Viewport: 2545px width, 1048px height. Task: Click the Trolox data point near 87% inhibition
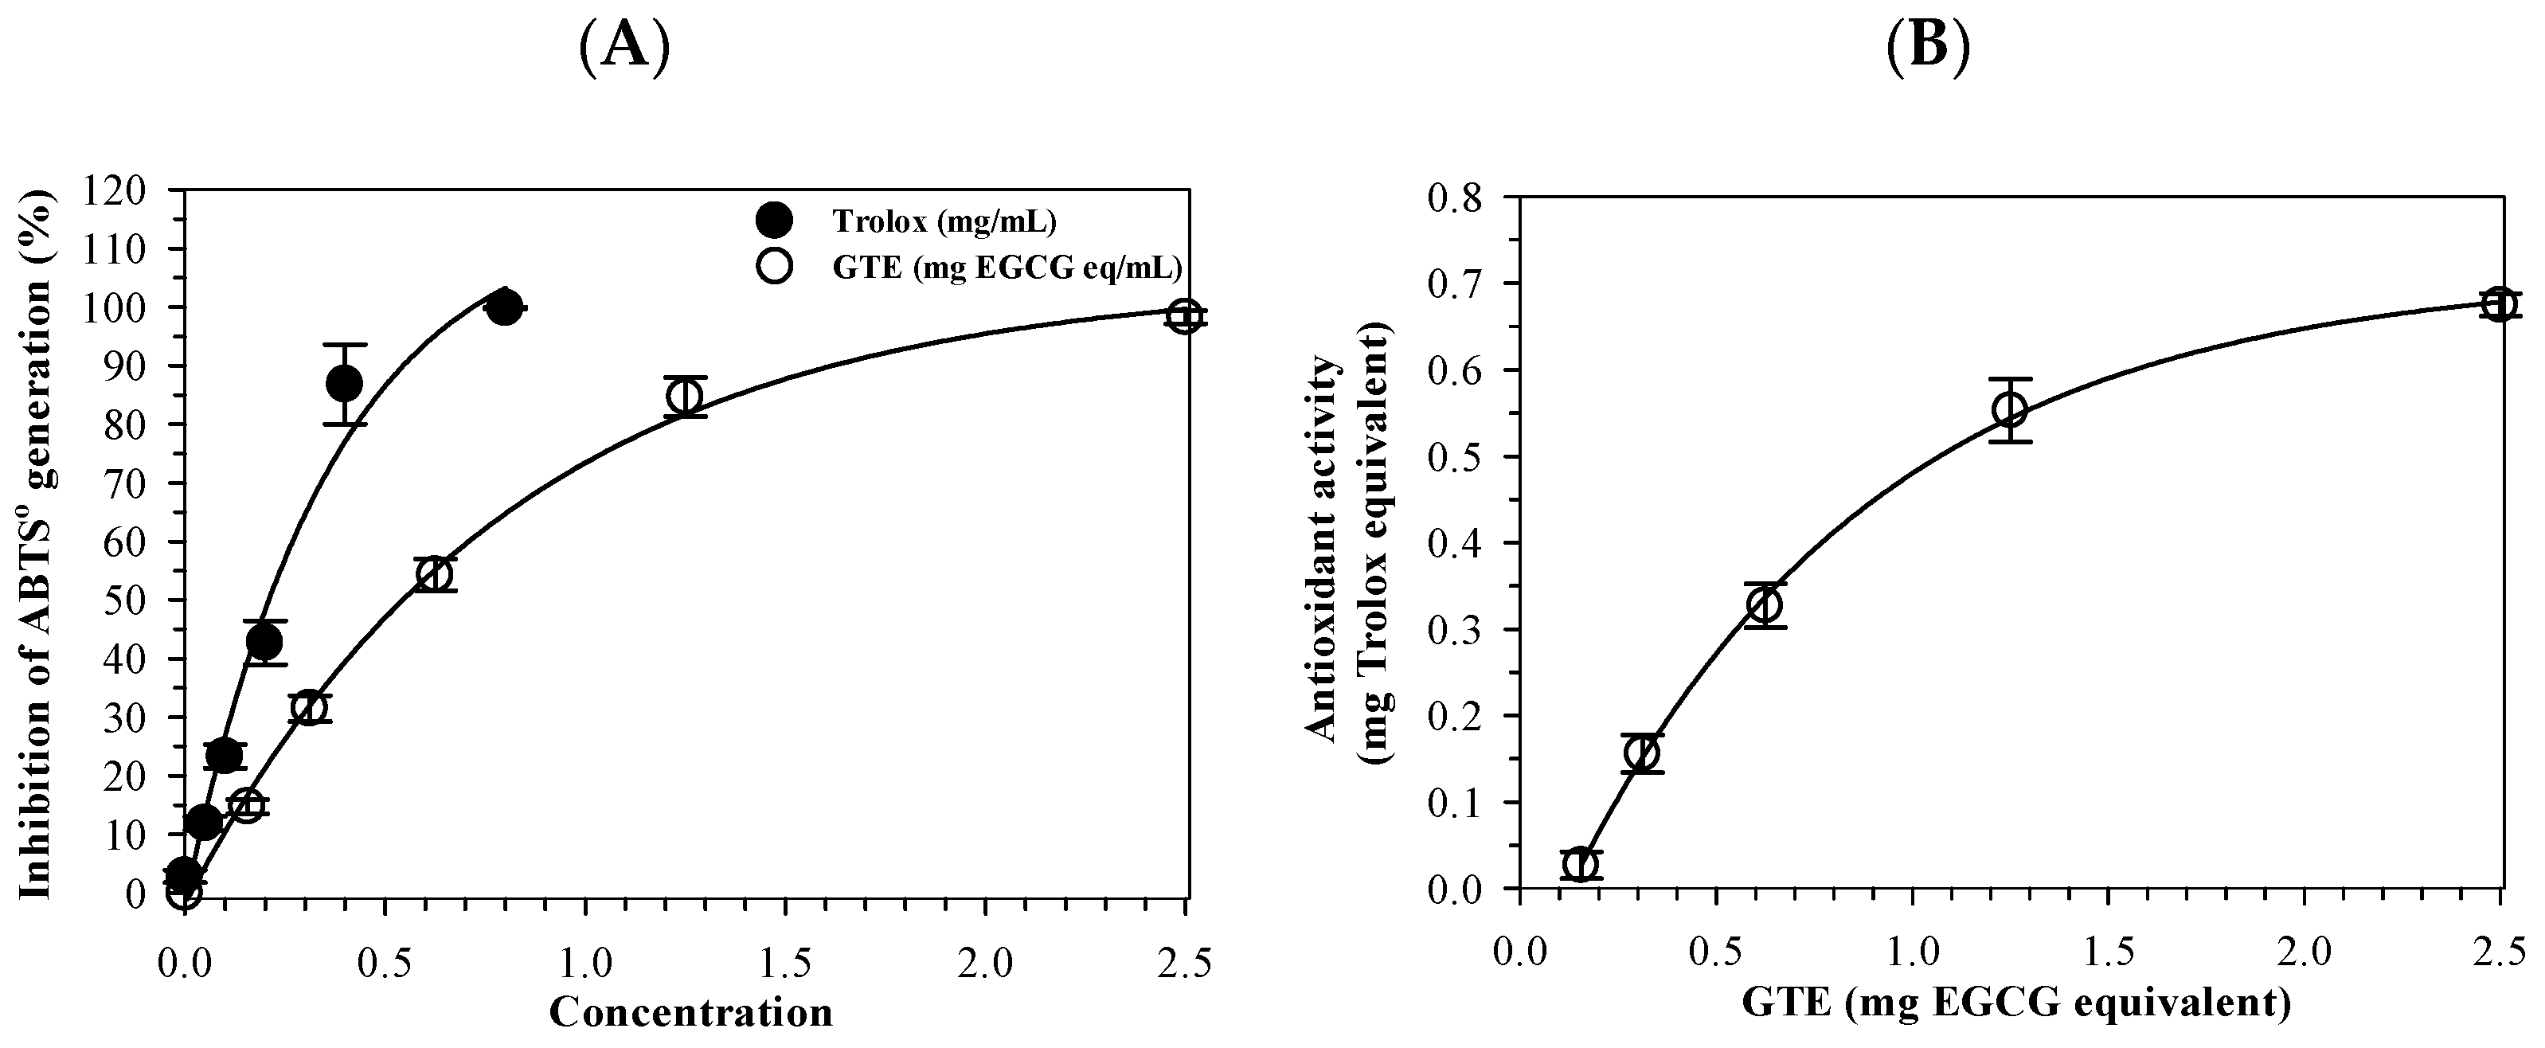point(344,383)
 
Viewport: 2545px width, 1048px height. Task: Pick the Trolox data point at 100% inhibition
point(504,307)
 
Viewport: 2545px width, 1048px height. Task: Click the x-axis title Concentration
point(690,1012)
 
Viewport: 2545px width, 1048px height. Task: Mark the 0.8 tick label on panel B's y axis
point(1457,197)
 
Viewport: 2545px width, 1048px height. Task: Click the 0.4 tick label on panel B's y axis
point(1457,543)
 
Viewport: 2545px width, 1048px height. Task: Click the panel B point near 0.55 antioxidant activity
point(2010,410)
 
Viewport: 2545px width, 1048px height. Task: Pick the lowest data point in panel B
point(1581,864)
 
